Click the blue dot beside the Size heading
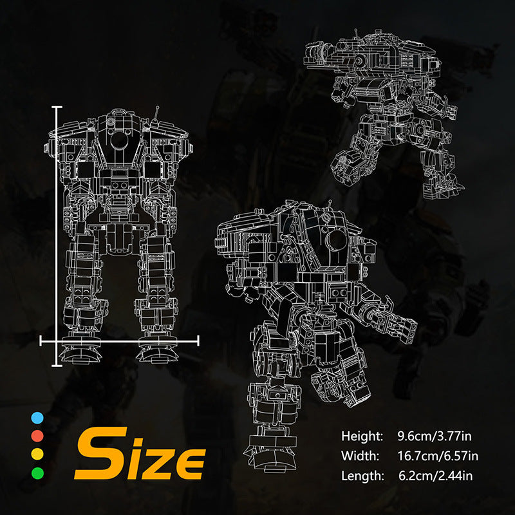point(37,418)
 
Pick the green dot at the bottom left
point(37,473)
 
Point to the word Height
point(362,436)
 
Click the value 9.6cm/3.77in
point(438,436)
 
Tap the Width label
point(361,456)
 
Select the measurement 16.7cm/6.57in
point(438,456)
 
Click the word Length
point(362,476)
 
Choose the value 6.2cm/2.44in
point(438,476)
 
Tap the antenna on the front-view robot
point(157,116)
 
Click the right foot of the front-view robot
point(158,353)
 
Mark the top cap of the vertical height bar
point(58,108)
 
